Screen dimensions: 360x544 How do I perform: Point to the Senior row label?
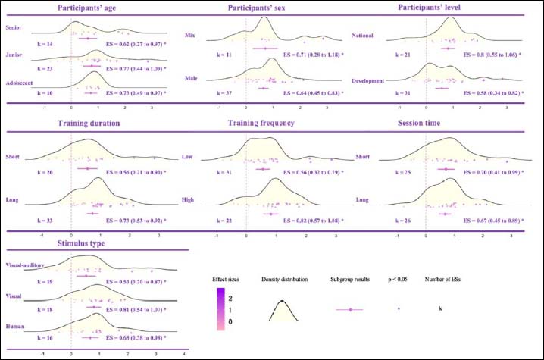13,27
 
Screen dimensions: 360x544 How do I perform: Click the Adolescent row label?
19,85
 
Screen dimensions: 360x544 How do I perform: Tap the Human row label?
14,326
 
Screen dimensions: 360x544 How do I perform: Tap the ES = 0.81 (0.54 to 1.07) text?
137,311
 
